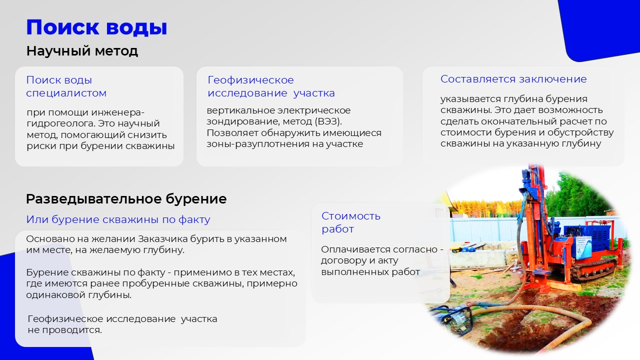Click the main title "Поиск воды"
click(96, 27)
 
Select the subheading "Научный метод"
click(82, 51)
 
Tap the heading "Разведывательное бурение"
click(126, 199)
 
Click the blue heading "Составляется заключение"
click(513, 79)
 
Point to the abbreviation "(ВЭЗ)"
click(328, 121)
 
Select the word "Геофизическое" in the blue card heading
click(250, 80)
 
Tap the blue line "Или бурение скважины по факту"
click(118, 219)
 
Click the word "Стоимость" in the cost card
click(351, 216)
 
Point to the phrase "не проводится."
click(65, 330)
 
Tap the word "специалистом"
click(66, 93)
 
